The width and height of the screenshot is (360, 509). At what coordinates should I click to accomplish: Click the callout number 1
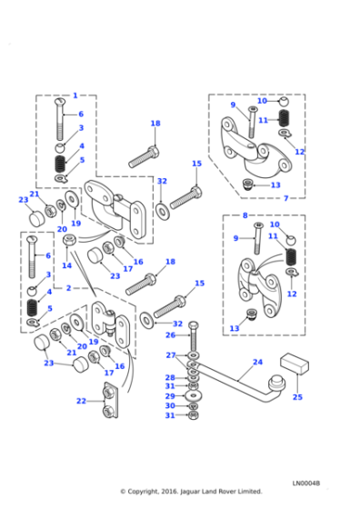coord(75,95)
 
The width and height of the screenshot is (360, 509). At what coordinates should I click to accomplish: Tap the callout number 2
coord(68,288)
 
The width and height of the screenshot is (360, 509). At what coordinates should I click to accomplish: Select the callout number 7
coord(286,198)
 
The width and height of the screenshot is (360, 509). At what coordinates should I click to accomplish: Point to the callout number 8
coord(245,215)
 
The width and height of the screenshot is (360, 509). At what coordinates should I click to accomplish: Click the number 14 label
coord(67,265)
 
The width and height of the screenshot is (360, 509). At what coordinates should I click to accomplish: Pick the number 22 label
coord(82,401)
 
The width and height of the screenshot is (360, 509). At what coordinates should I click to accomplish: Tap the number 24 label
coord(258,362)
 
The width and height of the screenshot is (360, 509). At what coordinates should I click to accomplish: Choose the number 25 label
coord(297,397)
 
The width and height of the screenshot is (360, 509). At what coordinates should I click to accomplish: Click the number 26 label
coord(170,335)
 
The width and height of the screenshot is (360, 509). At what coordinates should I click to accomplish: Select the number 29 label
coord(170,396)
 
